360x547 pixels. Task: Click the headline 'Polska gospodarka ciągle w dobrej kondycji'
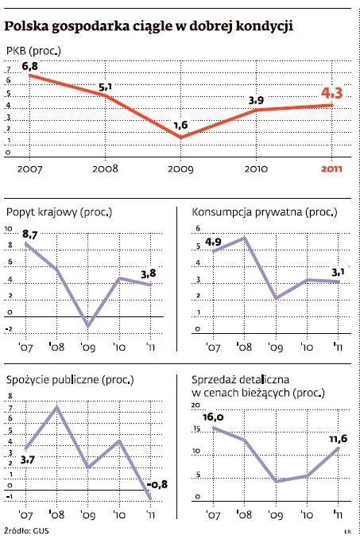[x=149, y=28]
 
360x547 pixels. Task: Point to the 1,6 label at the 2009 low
[x=180, y=125]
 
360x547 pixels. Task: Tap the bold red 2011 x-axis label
[x=331, y=169]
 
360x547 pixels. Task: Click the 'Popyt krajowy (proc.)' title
[x=58, y=212]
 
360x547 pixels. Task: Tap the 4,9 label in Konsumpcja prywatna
[x=214, y=242]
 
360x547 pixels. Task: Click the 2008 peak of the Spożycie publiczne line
[x=57, y=408]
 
